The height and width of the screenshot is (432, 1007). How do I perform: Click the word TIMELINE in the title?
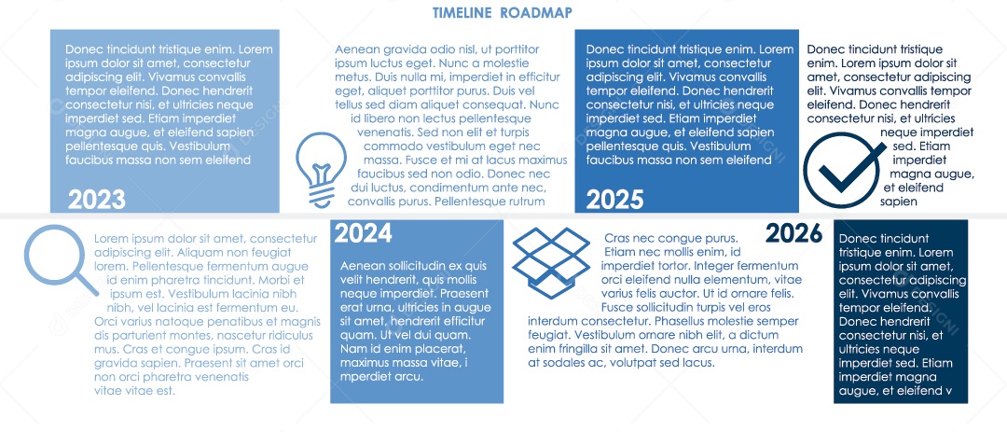tap(462, 12)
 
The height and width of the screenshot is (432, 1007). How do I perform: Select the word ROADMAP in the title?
tap(536, 12)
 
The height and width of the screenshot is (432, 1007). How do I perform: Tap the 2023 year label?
tap(96, 199)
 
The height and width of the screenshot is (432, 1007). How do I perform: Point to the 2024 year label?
tap(363, 233)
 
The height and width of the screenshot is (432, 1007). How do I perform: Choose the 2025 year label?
tap(614, 199)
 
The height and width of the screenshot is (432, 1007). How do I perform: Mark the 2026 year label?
tap(793, 233)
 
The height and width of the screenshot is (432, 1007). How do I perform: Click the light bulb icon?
tap(321, 168)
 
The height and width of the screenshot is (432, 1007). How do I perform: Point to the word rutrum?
tap(527, 201)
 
